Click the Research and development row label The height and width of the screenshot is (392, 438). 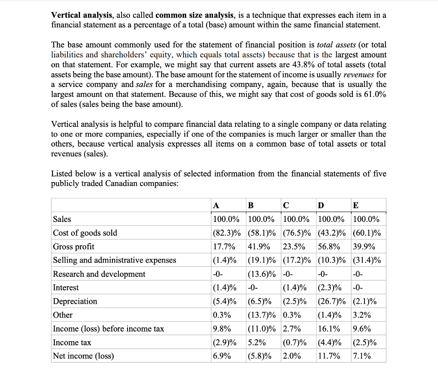99,274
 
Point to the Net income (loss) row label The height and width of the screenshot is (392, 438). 83,356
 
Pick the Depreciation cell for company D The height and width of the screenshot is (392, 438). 333,302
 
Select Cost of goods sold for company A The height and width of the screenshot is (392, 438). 228,233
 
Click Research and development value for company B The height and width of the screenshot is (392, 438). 263,274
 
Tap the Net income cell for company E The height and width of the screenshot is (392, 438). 362,356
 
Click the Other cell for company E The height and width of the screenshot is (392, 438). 362,315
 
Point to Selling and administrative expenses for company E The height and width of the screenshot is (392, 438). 368,260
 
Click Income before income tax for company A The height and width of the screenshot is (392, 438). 222,329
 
